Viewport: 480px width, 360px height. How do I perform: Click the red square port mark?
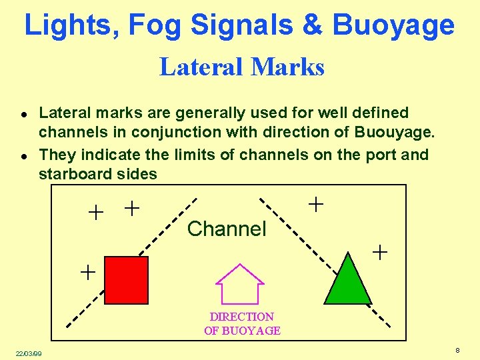point(127,280)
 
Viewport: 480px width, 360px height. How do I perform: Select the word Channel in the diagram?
point(227,229)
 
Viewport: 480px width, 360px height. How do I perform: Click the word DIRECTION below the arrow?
point(241,317)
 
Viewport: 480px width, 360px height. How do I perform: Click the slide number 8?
point(457,351)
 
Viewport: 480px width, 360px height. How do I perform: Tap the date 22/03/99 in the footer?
point(29,353)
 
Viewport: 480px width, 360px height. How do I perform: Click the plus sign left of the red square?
point(87,271)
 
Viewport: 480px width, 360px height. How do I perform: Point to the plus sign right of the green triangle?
point(379,252)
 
